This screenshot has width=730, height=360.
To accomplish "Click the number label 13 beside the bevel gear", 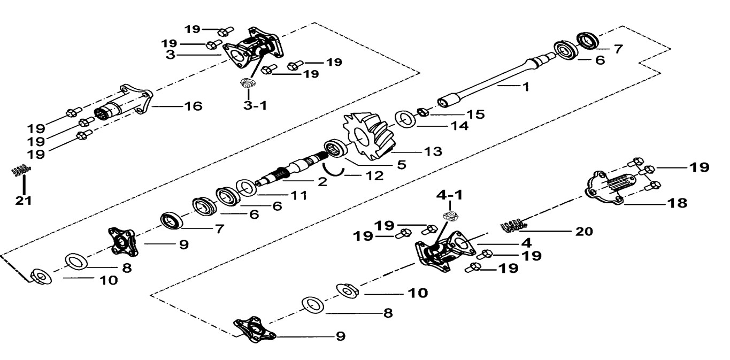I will click(431, 151).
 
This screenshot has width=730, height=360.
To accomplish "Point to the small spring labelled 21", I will click(20, 171).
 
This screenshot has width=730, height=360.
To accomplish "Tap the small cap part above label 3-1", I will click(247, 83).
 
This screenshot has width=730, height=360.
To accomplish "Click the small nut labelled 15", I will click(421, 112).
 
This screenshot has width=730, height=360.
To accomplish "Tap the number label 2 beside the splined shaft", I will click(321, 181).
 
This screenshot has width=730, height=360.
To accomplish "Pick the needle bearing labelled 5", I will click(335, 148).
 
